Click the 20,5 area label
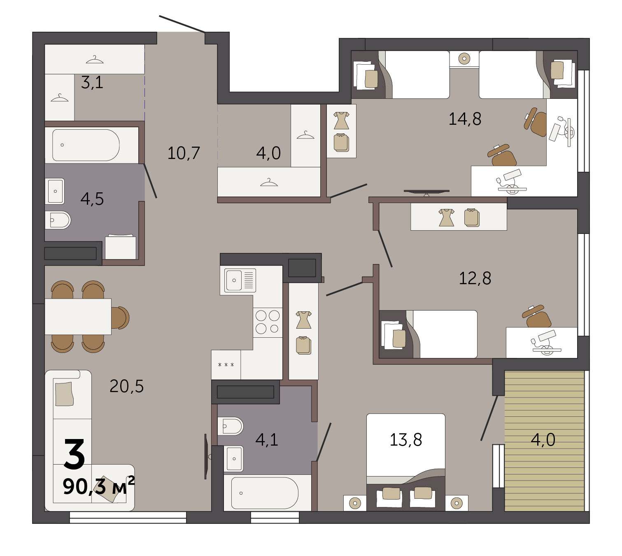(x=126, y=386)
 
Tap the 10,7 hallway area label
(x=184, y=153)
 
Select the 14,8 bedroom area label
(x=465, y=119)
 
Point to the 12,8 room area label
(x=475, y=278)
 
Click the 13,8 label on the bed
(x=406, y=439)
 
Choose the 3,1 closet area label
(x=92, y=82)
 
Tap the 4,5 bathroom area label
(x=92, y=199)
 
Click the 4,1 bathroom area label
(x=267, y=439)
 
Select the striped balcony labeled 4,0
(x=544, y=441)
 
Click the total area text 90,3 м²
(x=98, y=486)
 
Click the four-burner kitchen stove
(x=268, y=322)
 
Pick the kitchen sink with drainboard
(x=240, y=280)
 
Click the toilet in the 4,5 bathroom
(x=58, y=220)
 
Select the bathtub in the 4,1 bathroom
(x=265, y=493)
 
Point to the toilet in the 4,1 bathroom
(x=230, y=426)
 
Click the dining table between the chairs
(x=78, y=316)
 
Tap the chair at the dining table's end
(x=120, y=318)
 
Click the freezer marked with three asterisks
(x=226, y=365)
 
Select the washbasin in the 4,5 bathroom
(x=55, y=191)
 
